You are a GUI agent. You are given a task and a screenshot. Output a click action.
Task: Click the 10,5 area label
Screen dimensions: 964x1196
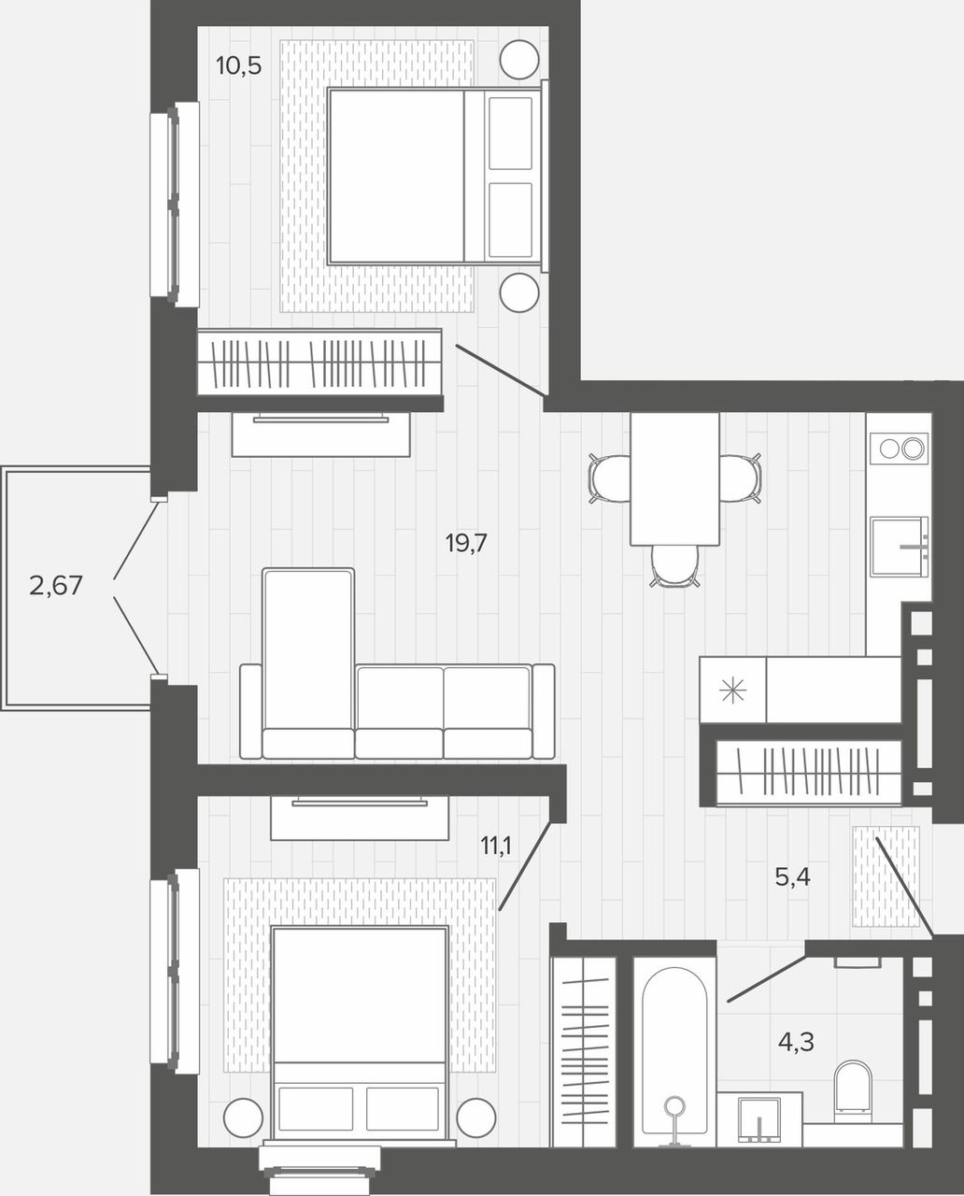[238, 66]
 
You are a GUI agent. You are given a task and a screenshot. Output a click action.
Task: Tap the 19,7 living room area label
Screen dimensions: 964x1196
[465, 543]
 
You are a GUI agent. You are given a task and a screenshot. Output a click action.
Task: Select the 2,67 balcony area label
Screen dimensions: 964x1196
[55, 585]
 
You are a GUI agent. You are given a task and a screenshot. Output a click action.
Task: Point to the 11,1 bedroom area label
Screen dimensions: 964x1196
[496, 847]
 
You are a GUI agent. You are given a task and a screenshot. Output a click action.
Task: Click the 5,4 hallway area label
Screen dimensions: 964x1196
[792, 877]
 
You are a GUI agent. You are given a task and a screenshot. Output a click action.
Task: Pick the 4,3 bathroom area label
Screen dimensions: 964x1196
[796, 1042]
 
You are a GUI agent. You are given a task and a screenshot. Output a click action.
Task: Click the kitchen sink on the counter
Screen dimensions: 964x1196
[899, 547]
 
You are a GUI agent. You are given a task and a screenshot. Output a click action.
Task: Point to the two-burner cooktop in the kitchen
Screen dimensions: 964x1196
[899, 448]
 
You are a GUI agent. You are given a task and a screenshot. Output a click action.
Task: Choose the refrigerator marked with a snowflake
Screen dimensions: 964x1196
[733, 690]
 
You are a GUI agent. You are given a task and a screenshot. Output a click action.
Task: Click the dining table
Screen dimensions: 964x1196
[674, 478]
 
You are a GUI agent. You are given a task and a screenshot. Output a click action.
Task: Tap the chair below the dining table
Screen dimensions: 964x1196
[674, 565]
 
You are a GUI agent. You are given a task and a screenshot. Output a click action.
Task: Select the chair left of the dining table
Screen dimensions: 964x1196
[610, 478]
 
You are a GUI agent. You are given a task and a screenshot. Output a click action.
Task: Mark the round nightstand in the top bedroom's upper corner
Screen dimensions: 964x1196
[519, 60]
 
